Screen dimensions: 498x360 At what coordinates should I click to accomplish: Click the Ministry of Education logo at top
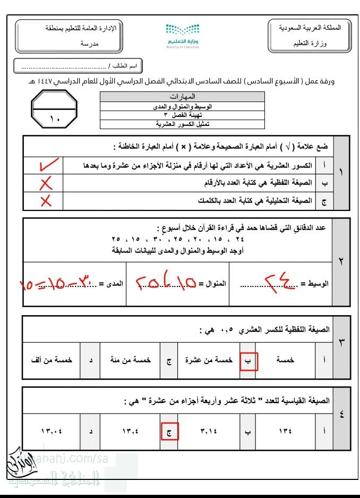point(182,36)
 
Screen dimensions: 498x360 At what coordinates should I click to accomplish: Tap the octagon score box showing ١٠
point(55,109)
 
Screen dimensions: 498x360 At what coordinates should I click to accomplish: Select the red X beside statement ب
point(46,183)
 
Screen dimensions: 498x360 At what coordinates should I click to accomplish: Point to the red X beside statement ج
point(46,201)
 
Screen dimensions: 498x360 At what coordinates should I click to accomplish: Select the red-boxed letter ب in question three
point(248,360)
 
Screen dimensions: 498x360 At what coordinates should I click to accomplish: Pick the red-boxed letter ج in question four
point(169,431)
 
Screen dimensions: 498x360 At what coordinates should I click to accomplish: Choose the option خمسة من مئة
point(133,360)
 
